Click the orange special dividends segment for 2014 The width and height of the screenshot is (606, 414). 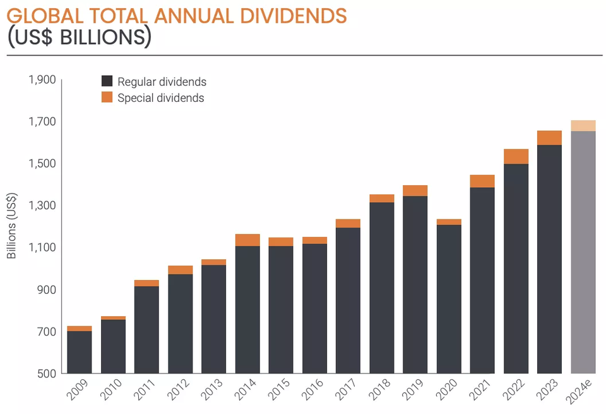pyautogui.click(x=247, y=240)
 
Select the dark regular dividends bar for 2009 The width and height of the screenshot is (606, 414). pyautogui.click(x=80, y=352)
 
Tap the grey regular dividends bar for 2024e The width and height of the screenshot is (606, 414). pyautogui.click(x=583, y=253)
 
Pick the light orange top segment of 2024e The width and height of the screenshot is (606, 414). pyautogui.click(x=583, y=126)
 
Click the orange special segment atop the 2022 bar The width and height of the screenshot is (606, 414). pyautogui.click(x=516, y=157)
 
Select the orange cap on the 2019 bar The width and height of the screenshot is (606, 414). pyautogui.click(x=415, y=191)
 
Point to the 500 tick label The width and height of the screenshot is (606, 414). pyautogui.click(x=48, y=374)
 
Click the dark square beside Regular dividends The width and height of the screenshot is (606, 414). pyautogui.click(x=107, y=82)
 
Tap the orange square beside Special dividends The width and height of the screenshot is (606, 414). pyautogui.click(x=107, y=97)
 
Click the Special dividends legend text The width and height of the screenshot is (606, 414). pyautogui.click(x=160, y=98)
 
